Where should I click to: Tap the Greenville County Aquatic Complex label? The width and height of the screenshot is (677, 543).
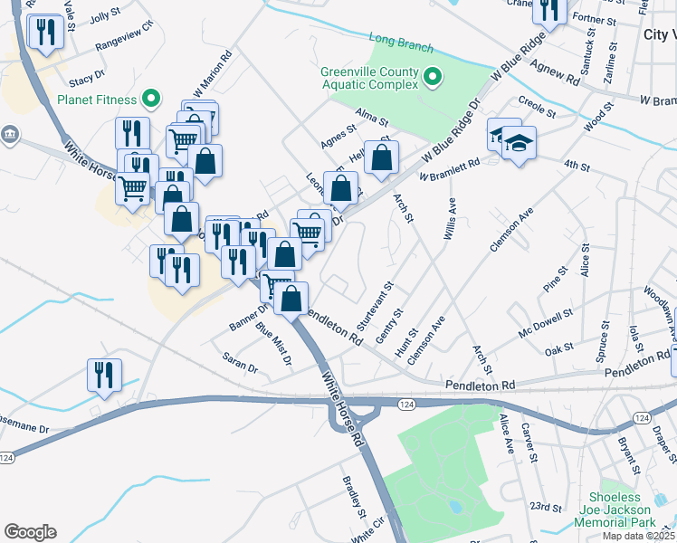(369, 78)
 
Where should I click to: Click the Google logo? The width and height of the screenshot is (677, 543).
(30, 532)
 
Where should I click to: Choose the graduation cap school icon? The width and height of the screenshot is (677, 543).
(519, 142)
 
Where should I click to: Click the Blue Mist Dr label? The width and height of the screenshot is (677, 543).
(273, 345)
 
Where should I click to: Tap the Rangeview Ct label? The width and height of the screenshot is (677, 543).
(124, 43)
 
